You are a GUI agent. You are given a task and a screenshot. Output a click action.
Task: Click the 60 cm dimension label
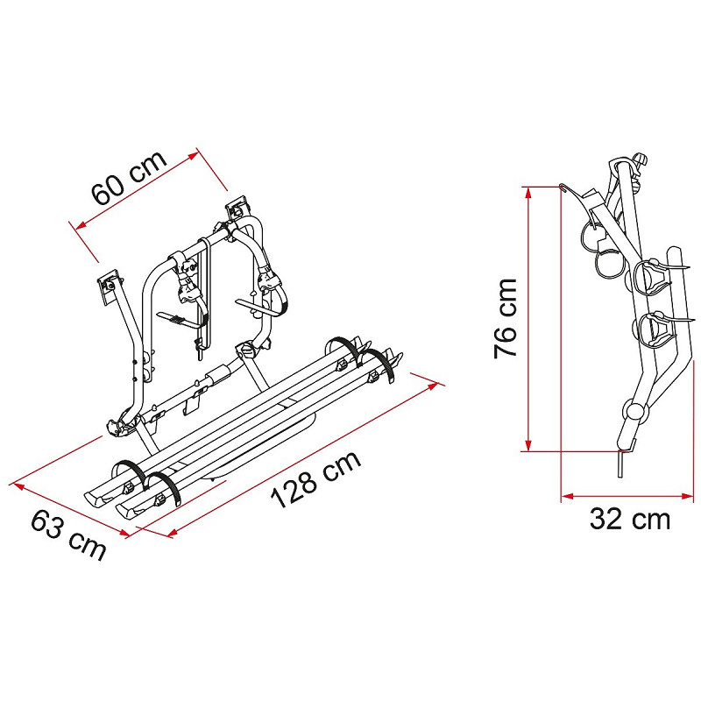coord(128,177)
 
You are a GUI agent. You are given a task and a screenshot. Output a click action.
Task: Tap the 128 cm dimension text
coord(315,478)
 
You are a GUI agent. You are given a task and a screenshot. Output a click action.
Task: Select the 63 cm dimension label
coord(68,535)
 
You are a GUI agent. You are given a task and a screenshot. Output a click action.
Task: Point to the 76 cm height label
coord(506,318)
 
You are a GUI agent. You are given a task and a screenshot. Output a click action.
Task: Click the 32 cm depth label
coord(630,519)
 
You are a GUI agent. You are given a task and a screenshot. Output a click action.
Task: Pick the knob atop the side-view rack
coord(641,160)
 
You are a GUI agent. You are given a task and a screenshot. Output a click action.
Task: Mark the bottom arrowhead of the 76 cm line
coord(528,446)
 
